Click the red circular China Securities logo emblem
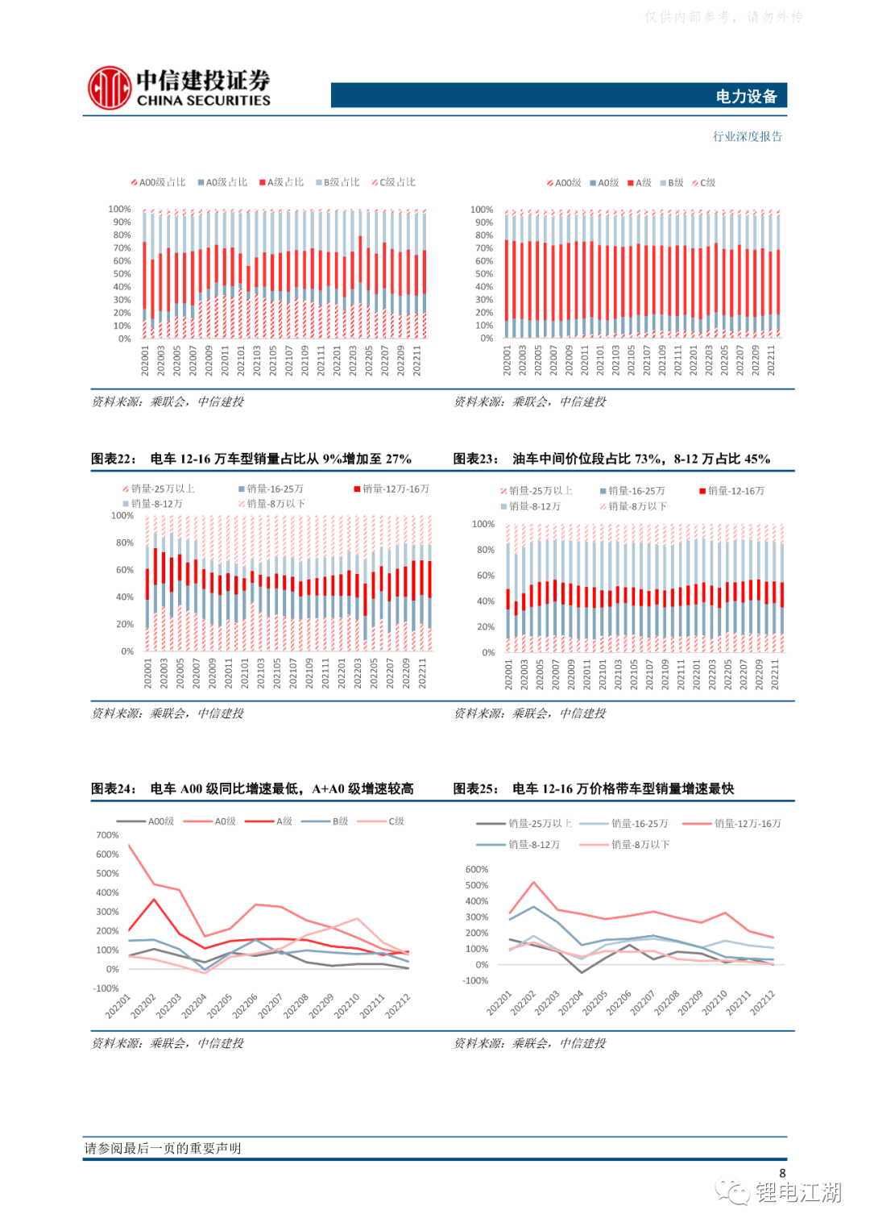click(x=110, y=88)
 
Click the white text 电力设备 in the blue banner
click(x=746, y=97)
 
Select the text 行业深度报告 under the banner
click(x=747, y=136)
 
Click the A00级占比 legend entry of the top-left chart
click(x=159, y=182)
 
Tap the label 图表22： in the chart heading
click(x=114, y=459)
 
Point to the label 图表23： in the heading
click(x=475, y=459)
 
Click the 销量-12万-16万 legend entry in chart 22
click(x=392, y=489)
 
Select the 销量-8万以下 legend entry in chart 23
click(x=634, y=506)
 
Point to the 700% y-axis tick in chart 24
click(x=107, y=835)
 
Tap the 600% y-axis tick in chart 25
click(x=477, y=869)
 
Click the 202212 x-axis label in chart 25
click(x=763, y=1003)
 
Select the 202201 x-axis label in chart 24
click(x=118, y=1006)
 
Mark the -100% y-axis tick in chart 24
click(x=106, y=988)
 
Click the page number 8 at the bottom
click(x=782, y=1173)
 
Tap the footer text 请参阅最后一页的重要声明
click(x=163, y=1148)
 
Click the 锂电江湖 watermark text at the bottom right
click(x=797, y=1192)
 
